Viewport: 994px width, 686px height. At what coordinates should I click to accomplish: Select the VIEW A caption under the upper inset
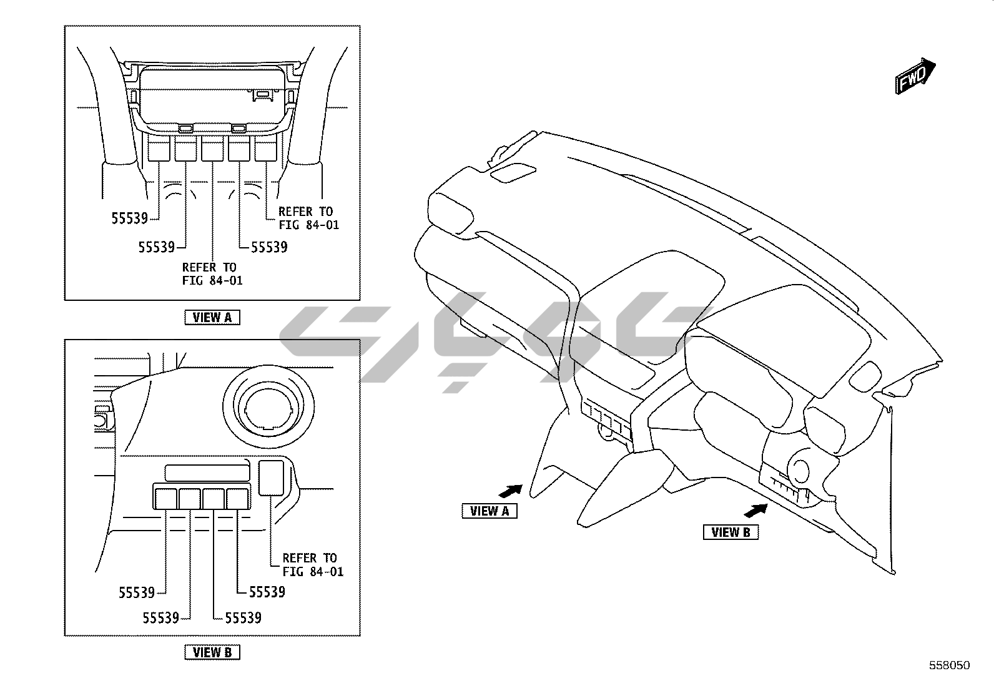click(x=212, y=317)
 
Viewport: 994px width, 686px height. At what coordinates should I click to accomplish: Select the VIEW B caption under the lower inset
click(x=212, y=652)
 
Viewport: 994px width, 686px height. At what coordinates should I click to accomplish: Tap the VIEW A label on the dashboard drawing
click(x=490, y=511)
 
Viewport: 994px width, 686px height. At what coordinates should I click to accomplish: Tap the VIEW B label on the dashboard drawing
click(x=731, y=532)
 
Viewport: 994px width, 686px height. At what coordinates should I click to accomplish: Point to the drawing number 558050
click(x=949, y=665)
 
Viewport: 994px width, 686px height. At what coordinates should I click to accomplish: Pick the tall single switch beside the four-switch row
click(x=271, y=477)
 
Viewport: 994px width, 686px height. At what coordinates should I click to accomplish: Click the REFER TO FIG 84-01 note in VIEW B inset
click(x=312, y=564)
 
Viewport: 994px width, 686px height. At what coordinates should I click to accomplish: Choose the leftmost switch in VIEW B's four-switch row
click(x=165, y=498)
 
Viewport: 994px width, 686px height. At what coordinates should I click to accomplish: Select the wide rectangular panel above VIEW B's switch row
click(x=207, y=472)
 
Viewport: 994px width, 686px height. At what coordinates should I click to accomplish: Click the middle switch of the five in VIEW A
click(x=212, y=150)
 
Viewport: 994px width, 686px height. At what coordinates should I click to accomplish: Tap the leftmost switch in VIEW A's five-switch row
click(x=159, y=150)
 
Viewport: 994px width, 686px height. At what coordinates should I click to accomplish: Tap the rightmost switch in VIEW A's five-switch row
click(x=265, y=150)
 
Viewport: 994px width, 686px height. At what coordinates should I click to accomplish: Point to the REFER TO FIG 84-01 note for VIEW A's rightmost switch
click(x=308, y=218)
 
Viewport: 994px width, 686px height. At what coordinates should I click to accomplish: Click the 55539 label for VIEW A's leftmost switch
click(x=130, y=218)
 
